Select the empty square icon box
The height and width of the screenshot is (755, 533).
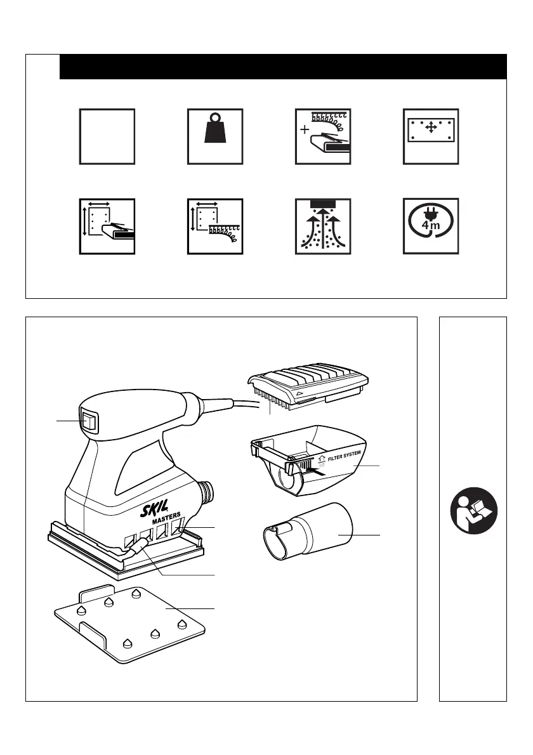[107, 136]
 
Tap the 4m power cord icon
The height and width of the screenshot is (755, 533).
[431, 226]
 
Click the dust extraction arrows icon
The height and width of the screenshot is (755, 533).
[322, 226]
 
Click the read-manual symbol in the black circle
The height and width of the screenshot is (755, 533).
[474, 510]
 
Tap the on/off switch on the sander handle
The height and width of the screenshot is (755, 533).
[89, 421]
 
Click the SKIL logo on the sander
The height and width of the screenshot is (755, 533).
[155, 508]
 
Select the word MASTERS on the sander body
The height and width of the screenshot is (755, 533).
[167, 518]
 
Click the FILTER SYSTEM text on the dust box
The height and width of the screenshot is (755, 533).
[344, 456]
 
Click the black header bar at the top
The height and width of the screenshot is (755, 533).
[283, 67]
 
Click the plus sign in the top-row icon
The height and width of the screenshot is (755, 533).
[305, 129]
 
